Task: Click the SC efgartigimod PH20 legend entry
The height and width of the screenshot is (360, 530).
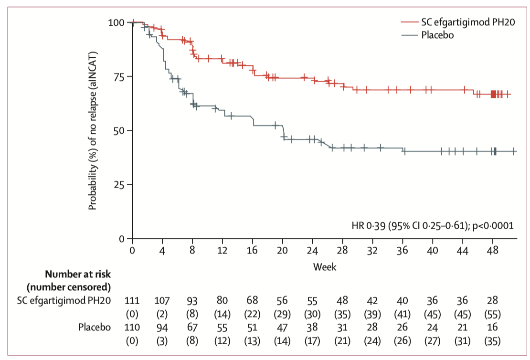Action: pyautogui.click(x=468, y=22)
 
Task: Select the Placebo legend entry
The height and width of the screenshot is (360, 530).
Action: pyautogui.click(x=437, y=35)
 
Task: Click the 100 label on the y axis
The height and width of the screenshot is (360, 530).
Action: pyautogui.click(x=116, y=22)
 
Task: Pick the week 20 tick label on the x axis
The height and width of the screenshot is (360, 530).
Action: pyautogui.click(x=282, y=250)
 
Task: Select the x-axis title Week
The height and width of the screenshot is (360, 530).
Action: pyautogui.click(x=324, y=267)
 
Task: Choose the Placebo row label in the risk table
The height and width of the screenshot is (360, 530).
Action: pyautogui.click(x=95, y=328)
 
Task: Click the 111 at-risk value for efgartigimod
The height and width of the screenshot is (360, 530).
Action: pyautogui.click(x=132, y=300)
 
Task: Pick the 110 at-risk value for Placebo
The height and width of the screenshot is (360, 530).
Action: pyautogui.click(x=132, y=328)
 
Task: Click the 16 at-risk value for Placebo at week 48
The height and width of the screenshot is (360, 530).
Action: pyautogui.click(x=493, y=328)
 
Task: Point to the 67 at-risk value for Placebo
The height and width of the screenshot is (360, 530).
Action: pyautogui.click(x=192, y=328)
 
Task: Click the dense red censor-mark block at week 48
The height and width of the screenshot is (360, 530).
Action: pyautogui.click(x=494, y=94)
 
